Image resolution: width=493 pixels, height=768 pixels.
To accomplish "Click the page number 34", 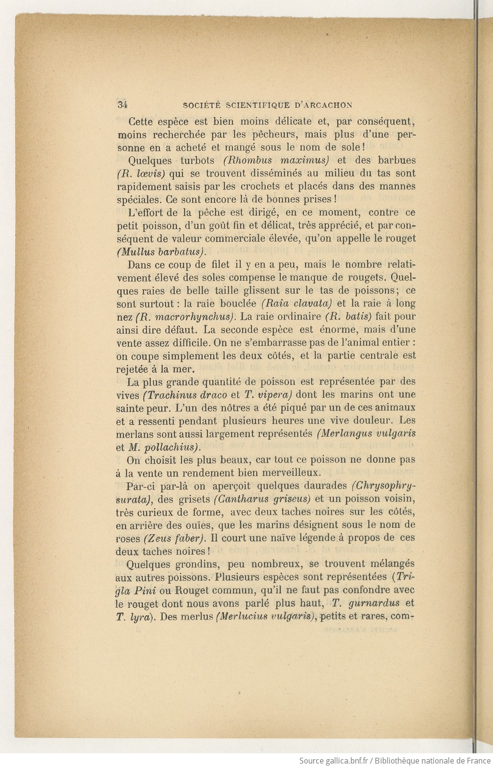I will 122,104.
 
